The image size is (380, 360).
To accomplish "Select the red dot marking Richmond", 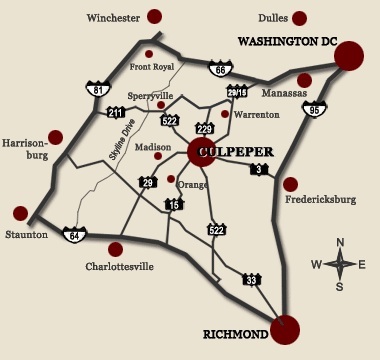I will (285, 328).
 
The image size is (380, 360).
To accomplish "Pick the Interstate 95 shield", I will (315, 110).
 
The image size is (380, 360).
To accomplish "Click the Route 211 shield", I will (117, 113).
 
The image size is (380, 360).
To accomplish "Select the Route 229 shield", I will (205, 128).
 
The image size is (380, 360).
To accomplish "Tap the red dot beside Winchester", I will (154, 16).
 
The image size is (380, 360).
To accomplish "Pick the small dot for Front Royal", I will (149, 54).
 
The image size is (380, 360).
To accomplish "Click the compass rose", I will (340, 263).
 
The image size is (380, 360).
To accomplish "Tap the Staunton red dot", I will (20, 213).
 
